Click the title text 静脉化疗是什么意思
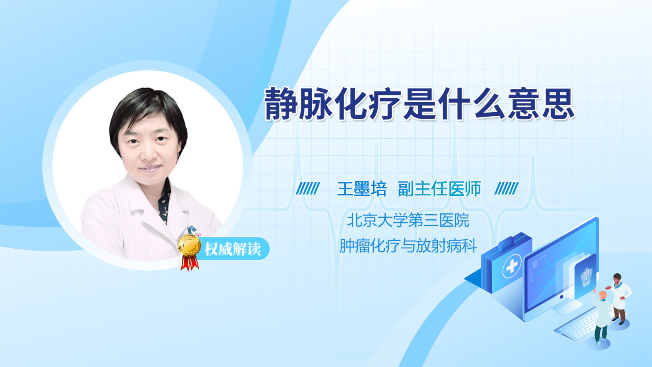[x=419, y=104]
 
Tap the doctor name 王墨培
[x=362, y=189]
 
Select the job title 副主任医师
[x=440, y=189]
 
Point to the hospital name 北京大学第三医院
[x=408, y=220]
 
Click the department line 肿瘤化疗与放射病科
[x=408, y=246]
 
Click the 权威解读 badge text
[x=232, y=249]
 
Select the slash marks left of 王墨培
[x=308, y=188]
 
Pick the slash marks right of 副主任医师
[x=507, y=188]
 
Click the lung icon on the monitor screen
[x=585, y=277]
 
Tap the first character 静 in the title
[x=281, y=104]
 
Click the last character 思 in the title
[x=558, y=104]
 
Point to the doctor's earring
[x=179, y=153]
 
